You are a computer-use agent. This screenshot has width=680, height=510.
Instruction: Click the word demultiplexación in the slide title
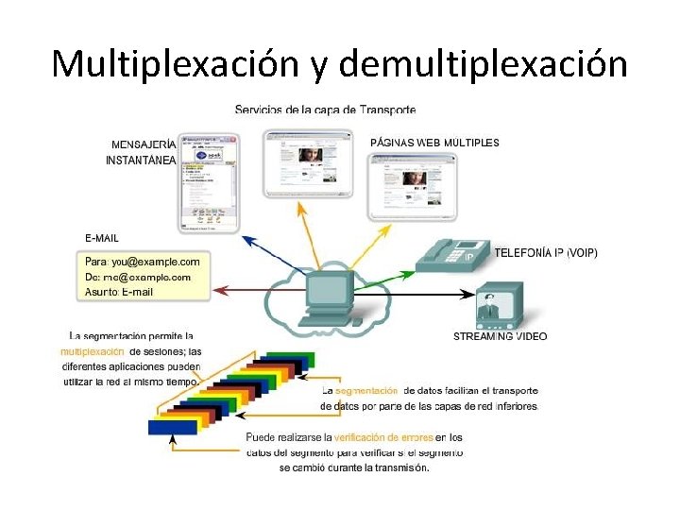point(482,64)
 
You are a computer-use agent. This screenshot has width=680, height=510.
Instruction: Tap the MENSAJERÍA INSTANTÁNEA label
point(142,152)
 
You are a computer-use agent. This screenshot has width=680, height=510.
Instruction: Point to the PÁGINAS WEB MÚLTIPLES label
point(434,143)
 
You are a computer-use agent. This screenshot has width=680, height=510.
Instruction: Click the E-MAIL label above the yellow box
point(102,237)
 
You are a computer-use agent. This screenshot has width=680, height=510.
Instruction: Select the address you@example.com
point(156,261)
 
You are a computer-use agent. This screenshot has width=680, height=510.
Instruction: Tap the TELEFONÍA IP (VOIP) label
point(546,253)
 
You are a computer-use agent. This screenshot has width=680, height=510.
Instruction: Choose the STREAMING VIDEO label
point(500,336)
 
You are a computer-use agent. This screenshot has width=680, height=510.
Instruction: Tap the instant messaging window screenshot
point(208,180)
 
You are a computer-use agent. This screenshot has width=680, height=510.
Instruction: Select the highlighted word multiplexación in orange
point(93,352)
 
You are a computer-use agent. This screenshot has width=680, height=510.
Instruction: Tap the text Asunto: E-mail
point(119,292)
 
